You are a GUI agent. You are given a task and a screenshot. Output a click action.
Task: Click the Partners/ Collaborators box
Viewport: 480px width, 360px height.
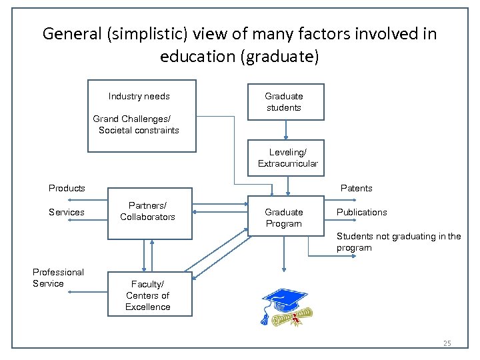tap(151, 212)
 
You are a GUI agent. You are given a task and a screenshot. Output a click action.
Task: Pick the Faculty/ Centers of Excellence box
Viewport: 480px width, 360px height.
tap(147, 295)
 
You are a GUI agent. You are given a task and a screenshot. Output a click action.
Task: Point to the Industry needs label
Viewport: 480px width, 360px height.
tap(139, 96)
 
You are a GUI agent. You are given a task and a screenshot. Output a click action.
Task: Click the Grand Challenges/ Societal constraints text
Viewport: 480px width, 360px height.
tap(137, 125)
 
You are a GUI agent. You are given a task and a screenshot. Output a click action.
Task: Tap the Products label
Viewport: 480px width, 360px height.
tap(67, 188)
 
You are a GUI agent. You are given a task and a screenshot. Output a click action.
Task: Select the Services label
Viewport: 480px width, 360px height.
tap(67, 212)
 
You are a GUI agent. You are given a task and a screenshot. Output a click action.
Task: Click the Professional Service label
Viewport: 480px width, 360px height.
tap(58, 277)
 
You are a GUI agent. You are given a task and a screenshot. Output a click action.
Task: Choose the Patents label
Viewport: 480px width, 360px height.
tap(357, 188)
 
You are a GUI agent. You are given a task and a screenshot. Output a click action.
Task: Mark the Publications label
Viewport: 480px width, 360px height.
tap(361, 212)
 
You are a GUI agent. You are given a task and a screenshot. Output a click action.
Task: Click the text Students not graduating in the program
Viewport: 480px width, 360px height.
tap(398, 242)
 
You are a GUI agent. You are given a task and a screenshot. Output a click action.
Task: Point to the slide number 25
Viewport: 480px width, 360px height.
tap(447, 343)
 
